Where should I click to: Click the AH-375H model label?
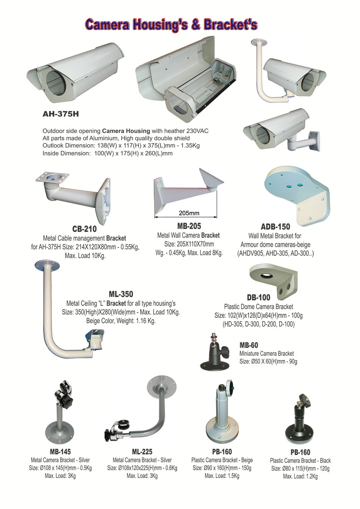(61, 114)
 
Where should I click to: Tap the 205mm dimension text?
(189, 213)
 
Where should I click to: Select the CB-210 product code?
(85, 229)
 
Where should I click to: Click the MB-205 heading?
(189, 226)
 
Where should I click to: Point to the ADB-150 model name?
(275, 227)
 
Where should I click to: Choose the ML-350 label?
(121, 294)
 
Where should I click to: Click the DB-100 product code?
(259, 297)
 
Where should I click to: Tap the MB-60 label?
(249, 345)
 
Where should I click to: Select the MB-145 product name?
(60, 452)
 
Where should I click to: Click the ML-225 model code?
(142, 452)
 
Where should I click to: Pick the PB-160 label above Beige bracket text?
(222, 452)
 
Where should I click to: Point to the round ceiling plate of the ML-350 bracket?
(47, 265)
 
